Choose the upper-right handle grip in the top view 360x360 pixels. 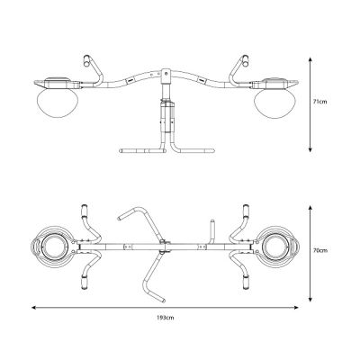tap(245, 214)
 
